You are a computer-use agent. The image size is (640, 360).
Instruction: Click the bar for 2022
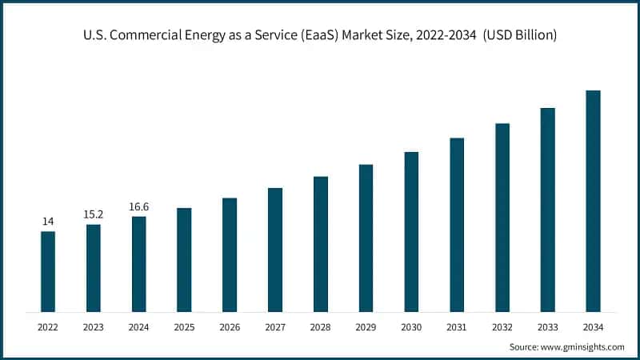point(48,271)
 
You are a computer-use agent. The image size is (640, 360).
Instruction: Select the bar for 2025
point(184,259)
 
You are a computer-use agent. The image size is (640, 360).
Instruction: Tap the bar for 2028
point(321,243)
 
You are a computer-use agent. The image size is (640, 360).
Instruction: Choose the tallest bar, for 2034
point(593,201)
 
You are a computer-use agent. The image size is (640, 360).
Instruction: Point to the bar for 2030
point(411,231)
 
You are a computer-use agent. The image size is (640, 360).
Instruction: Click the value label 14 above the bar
point(48,221)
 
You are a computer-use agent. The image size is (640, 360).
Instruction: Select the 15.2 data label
point(94,214)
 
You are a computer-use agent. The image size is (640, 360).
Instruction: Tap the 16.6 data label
point(139,206)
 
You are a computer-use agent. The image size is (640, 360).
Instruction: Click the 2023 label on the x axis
point(94,327)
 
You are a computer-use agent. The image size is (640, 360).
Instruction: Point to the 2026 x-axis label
point(230,327)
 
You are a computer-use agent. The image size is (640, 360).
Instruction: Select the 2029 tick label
point(366,327)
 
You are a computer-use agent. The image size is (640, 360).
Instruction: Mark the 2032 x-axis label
point(502,327)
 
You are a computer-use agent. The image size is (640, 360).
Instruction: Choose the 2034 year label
point(593,327)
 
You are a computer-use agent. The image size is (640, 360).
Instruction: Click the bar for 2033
point(547,210)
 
